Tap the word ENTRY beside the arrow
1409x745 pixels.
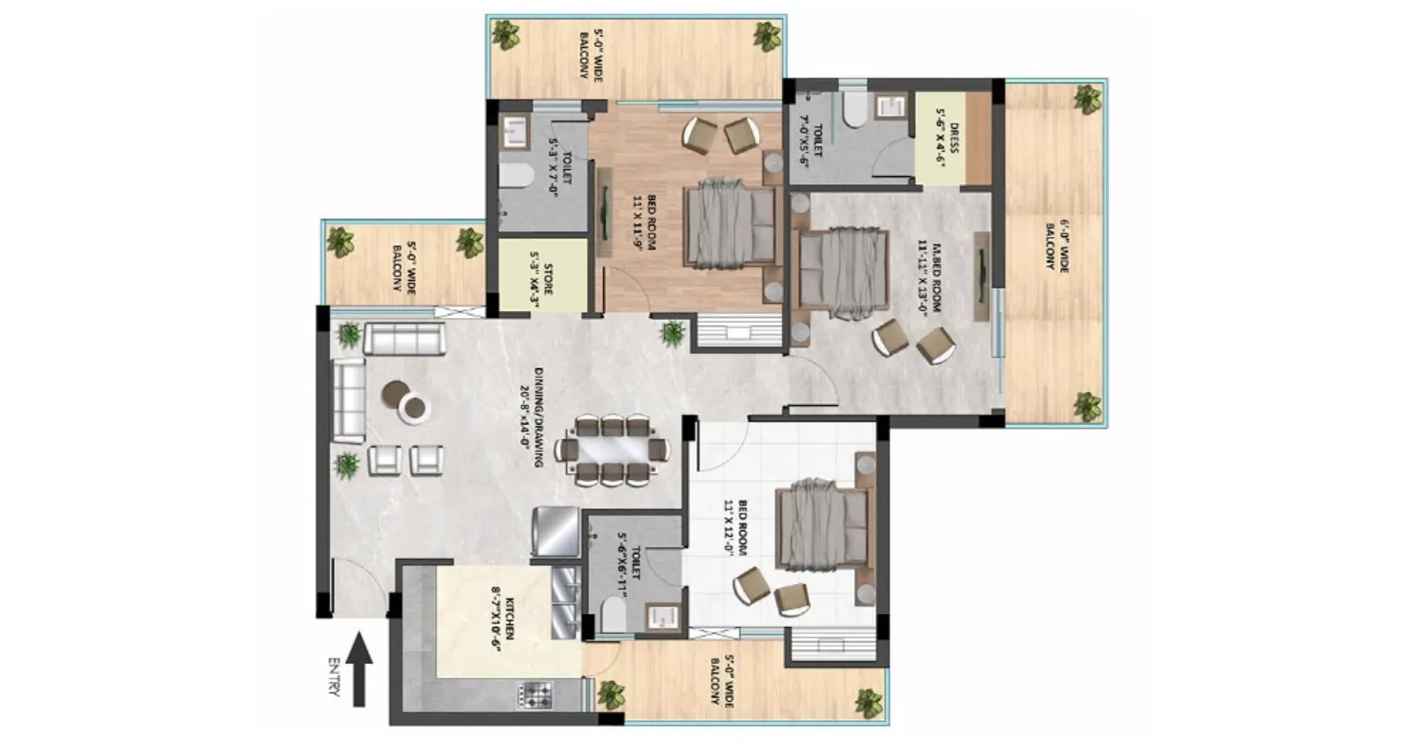click(333, 676)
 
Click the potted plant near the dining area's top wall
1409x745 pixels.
click(674, 332)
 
